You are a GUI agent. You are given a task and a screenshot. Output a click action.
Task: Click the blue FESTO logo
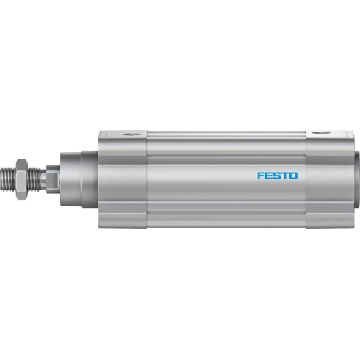point(278,176)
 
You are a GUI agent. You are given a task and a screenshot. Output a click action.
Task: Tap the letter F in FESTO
point(261,176)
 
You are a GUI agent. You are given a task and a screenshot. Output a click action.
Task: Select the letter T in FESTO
point(285,176)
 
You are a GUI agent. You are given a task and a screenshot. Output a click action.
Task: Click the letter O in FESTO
point(294,176)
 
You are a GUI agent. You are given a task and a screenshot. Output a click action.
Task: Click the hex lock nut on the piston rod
point(21,179)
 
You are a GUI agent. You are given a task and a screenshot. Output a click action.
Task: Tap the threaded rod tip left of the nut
point(9,179)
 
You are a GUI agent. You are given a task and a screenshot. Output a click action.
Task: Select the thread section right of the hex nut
point(34,179)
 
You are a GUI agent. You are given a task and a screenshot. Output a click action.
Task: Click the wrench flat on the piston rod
point(53,179)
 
